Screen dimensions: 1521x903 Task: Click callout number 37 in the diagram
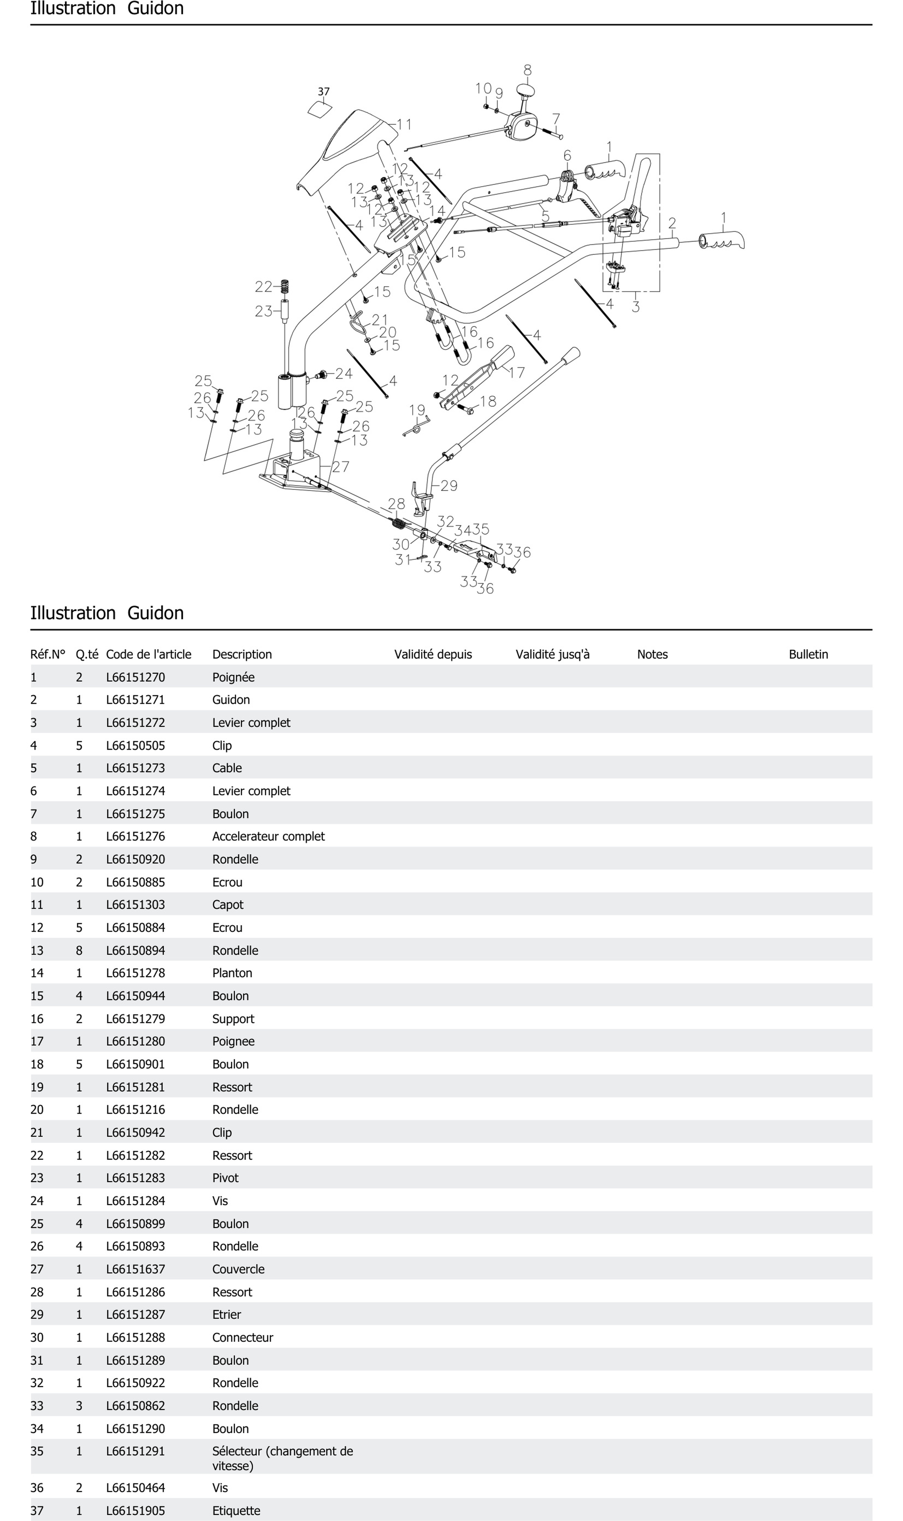(324, 92)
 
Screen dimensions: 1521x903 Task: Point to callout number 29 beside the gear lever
(449, 486)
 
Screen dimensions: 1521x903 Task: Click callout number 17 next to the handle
(517, 372)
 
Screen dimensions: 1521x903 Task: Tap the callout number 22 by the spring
(264, 286)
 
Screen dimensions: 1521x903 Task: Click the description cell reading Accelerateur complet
(268, 836)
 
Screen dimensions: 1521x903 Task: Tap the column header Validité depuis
(433, 654)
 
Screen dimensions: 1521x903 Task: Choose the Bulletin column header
(808, 654)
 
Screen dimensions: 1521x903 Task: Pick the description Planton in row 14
(232, 973)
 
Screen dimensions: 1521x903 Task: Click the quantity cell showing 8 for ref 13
(79, 950)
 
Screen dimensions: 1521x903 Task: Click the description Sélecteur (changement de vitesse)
(282, 1458)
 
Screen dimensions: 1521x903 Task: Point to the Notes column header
(652, 654)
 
